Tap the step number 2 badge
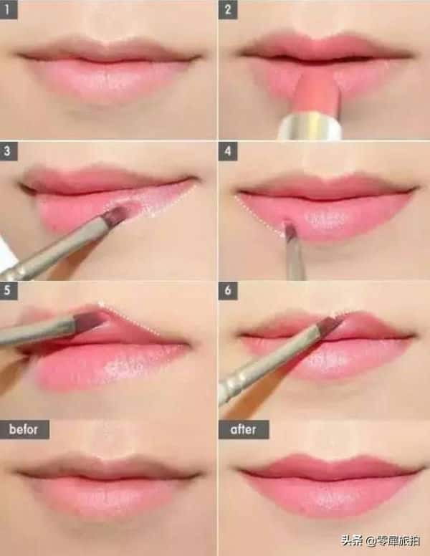pyautogui.click(x=228, y=9)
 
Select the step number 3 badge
pyautogui.click(x=9, y=150)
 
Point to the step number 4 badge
pyautogui.click(x=228, y=150)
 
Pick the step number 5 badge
pyautogui.click(x=9, y=291)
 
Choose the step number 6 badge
pyautogui.click(x=228, y=291)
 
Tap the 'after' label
pyautogui.click(x=244, y=430)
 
